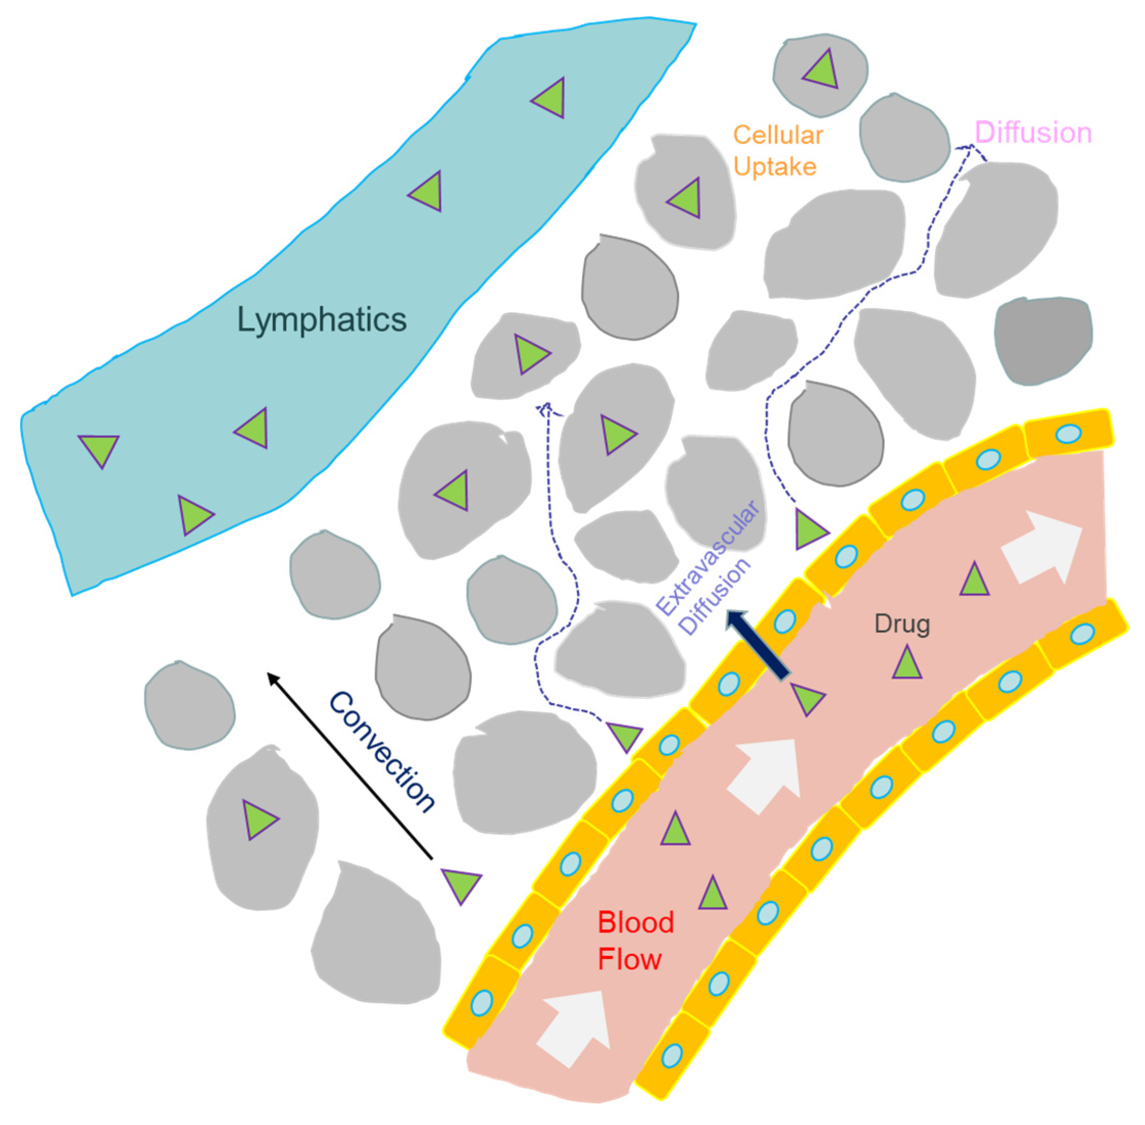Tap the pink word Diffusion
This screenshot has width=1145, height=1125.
click(x=1032, y=133)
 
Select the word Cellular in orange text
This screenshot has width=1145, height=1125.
click(x=777, y=135)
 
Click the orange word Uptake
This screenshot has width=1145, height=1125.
click(x=774, y=167)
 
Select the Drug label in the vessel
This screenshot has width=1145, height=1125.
click(x=902, y=624)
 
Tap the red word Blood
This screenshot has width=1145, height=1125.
click(x=635, y=922)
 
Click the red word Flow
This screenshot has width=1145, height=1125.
click(x=629, y=959)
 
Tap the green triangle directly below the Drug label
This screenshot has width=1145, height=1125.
click(x=906, y=663)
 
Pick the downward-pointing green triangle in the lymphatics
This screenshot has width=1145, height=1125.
click(x=99, y=449)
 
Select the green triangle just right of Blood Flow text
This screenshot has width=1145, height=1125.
click(x=712, y=894)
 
